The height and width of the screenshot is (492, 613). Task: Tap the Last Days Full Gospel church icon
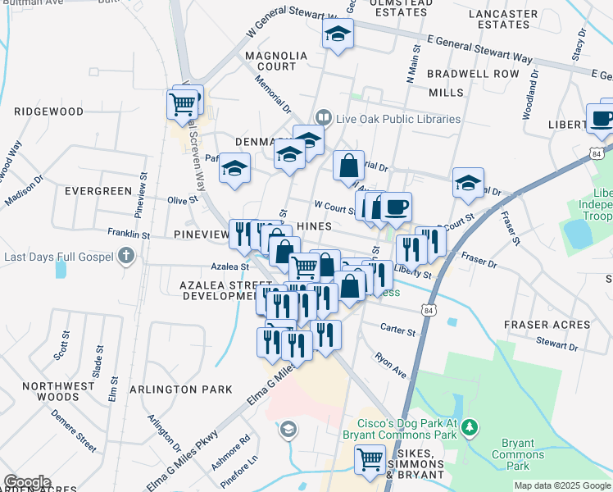click(125, 257)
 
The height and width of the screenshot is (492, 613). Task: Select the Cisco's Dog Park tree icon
click(469, 426)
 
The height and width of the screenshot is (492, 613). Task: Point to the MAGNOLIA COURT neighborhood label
click(275, 61)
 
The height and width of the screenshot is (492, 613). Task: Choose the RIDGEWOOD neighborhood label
click(48, 111)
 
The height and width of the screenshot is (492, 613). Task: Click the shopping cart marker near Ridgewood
click(181, 104)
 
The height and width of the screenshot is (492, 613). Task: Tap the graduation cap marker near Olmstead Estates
click(336, 34)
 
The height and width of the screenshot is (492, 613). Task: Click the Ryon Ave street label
click(390, 365)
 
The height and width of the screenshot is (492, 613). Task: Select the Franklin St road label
click(129, 235)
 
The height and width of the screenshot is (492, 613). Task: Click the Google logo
click(27, 482)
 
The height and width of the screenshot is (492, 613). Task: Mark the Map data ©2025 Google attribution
click(561, 485)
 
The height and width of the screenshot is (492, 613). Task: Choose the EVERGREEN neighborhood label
click(97, 191)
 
